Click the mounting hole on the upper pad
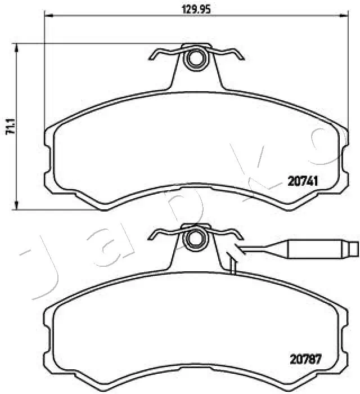click(195, 57)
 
